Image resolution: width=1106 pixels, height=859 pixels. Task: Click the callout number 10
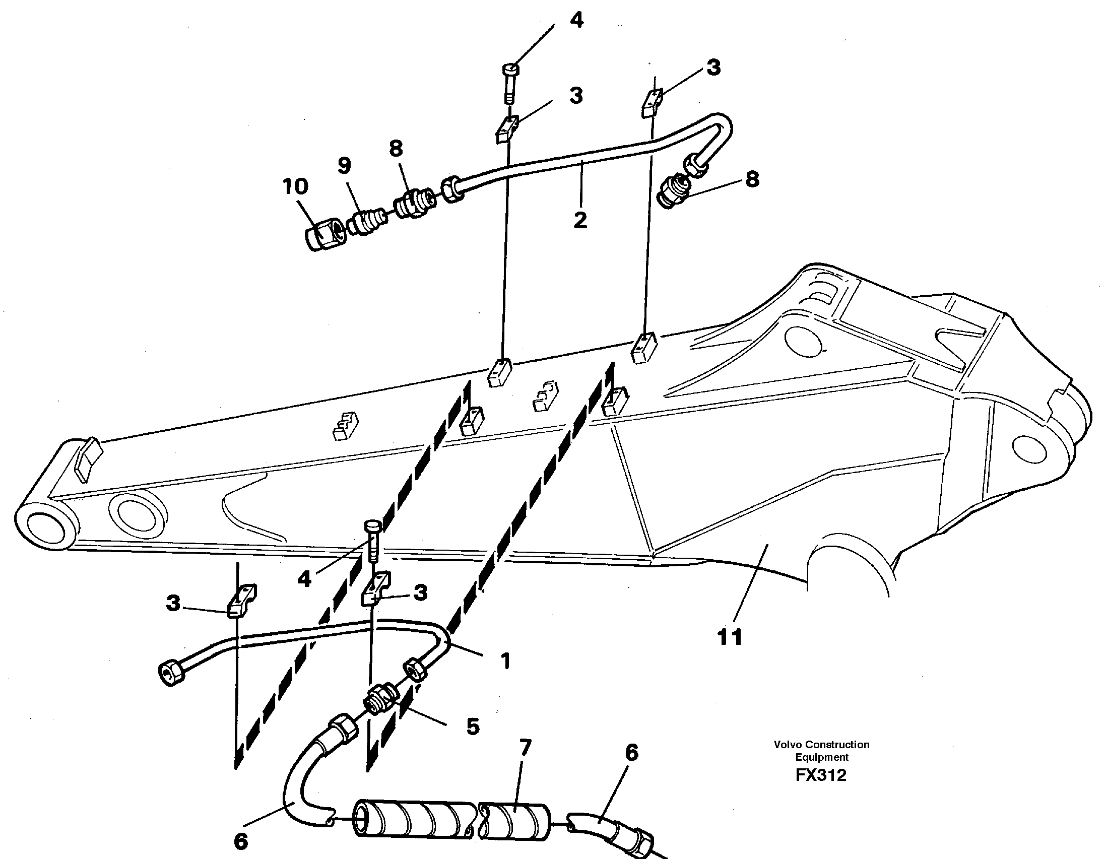(x=295, y=186)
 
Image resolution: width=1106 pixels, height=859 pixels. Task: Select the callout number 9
(x=344, y=166)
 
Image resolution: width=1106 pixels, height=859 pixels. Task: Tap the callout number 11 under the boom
(x=730, y=637)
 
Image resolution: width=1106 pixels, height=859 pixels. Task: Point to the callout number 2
(x=580, y=220)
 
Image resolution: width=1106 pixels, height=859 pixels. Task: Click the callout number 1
(x=505, y=660)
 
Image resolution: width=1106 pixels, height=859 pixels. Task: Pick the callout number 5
(x=473, y=726)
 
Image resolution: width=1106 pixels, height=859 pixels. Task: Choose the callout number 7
(x=525, y=747)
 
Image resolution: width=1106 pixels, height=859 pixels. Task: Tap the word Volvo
(x=788, y=745)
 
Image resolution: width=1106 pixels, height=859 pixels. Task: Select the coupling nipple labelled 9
(x=367, y=222)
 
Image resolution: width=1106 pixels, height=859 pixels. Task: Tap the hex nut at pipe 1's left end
(x=171, y=674)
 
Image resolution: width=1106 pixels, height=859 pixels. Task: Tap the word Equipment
(x=821, y=757)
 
